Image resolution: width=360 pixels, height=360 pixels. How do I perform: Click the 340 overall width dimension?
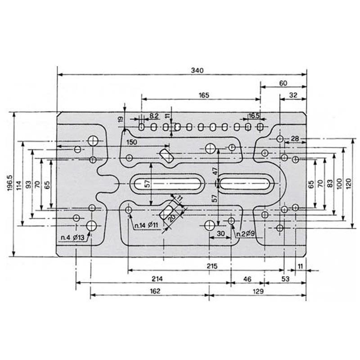coord(197,70)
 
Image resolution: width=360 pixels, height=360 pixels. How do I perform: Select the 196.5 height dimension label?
coord(10,183)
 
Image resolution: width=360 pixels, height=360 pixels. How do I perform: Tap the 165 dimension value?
coord(204,95)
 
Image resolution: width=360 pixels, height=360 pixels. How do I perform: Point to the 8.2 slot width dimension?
coord(154,116)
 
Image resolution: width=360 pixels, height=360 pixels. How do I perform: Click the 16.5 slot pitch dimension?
coord(254,116)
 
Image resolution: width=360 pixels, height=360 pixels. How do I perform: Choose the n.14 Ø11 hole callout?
coord(146,225)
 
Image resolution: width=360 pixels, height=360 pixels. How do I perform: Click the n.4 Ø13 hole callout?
coord(72,238)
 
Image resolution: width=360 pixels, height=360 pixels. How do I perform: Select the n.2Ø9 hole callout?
coord(246,234)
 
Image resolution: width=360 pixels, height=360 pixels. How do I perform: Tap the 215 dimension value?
coord(212,266)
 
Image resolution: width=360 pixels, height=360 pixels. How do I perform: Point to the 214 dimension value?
coord(157,279)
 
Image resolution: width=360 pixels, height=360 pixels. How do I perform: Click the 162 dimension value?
coord(155,291)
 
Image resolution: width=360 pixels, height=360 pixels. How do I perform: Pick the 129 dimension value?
coord(258,291)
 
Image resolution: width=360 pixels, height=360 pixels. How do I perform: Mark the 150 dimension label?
coord(131,142)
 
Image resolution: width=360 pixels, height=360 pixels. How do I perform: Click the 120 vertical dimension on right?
coord(348,184)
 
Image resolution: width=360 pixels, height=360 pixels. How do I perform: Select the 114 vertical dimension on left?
coord(19,185)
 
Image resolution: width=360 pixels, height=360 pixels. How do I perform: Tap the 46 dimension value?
coord(247,279)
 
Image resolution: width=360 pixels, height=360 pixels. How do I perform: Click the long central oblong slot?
coord(167,184)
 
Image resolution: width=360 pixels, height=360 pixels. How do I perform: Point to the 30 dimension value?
coord(220,234)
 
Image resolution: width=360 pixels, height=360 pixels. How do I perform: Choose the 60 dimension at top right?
coord(283,83)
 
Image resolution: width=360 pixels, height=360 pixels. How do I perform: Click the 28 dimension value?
coord(295,139)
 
